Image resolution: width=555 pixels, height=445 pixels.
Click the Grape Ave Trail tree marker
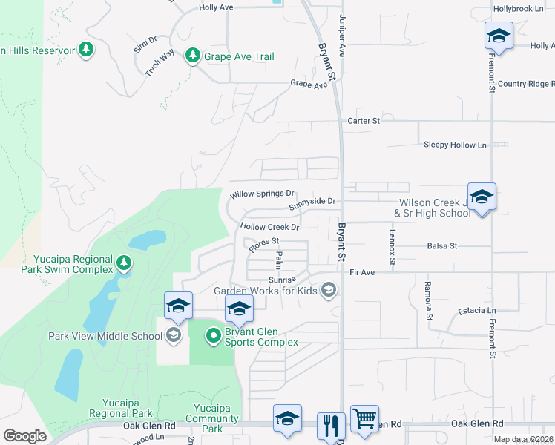(193, 56)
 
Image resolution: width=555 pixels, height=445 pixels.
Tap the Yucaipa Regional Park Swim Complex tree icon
(124, 263)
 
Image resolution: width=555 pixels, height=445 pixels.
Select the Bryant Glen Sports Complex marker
(214, 335)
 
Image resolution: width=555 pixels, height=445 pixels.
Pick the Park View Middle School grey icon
(174, 335)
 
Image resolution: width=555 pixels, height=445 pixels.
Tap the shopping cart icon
(364, 420)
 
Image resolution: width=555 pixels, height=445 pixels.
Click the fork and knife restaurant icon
(331, 426)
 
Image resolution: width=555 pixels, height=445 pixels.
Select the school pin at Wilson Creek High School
(482, 197)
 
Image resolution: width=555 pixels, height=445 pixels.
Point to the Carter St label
(364, 120)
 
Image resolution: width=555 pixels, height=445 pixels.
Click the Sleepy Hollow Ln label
(456, 145)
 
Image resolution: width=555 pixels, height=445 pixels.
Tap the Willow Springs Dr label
(263, 194)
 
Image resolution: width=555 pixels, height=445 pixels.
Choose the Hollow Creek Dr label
(269, 227)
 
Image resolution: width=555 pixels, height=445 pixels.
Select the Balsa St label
(442, 245)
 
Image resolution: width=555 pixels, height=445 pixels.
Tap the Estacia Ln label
(477, 310)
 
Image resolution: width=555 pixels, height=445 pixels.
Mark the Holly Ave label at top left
(217, 7)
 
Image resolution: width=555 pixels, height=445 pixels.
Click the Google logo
(24, 436)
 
